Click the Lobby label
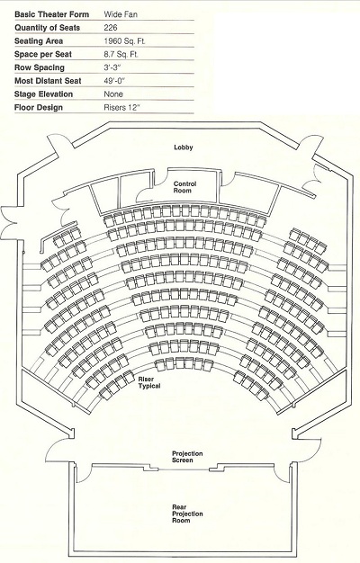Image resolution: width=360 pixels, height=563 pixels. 184,147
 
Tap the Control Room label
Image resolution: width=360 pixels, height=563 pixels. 184,187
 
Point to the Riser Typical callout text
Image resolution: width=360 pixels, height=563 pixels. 149,382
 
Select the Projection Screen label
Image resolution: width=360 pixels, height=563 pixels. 187,457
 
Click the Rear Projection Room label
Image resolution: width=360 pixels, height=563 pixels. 187,514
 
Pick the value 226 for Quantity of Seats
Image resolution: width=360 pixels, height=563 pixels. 111,28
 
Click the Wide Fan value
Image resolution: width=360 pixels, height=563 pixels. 121,14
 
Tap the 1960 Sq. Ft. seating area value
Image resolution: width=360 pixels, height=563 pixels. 125,41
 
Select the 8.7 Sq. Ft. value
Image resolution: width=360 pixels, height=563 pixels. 121,54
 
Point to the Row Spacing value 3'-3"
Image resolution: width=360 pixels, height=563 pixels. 112,67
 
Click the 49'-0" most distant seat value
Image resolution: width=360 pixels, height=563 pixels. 114,81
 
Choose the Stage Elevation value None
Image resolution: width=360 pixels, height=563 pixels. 113,94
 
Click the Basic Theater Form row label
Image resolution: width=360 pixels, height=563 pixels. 51,14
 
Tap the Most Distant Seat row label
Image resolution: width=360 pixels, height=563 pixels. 48,81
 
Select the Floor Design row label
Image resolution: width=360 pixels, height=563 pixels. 39,107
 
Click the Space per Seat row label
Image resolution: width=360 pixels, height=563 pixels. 43,54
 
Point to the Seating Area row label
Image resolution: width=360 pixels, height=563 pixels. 39,41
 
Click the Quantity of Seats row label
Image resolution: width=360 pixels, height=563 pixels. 47,28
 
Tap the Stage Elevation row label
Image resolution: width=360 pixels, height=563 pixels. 43,94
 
